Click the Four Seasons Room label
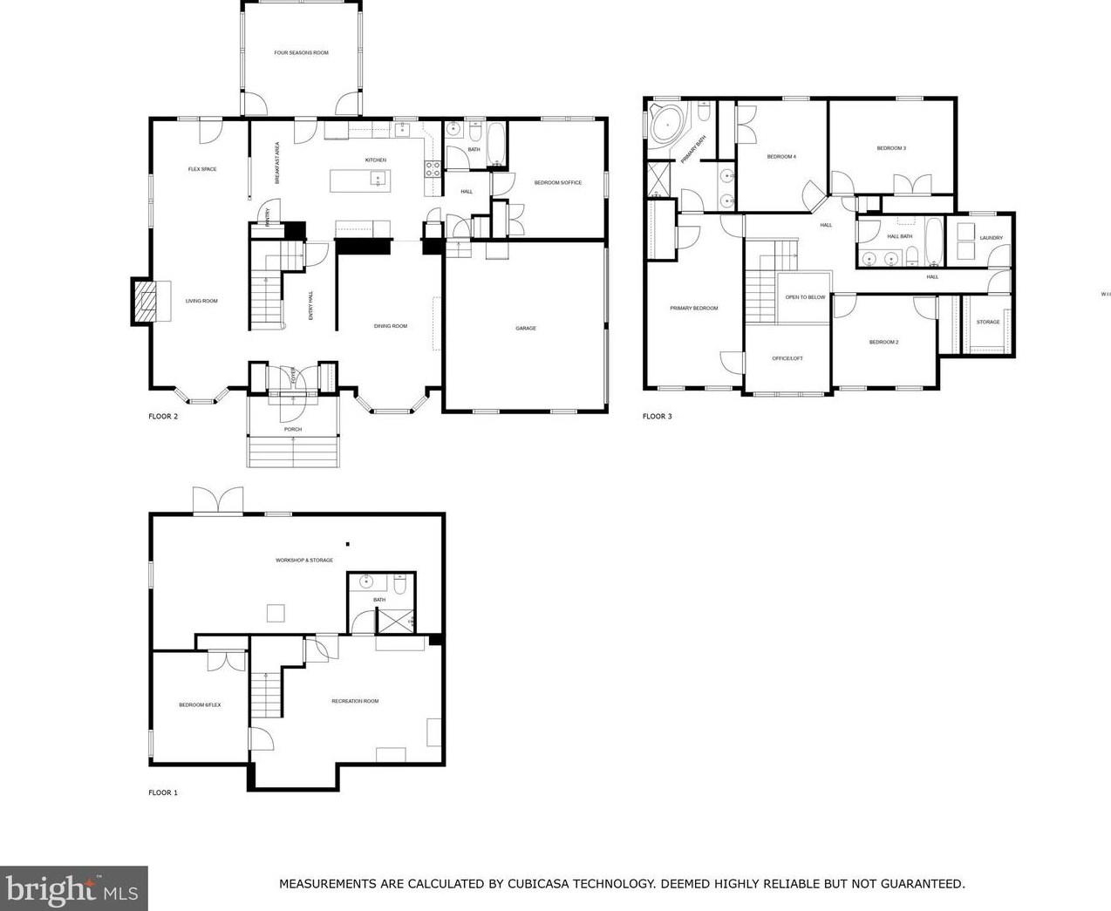pyautogui.click(x=301, y=53)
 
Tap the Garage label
pyautogui.click(x=525, y=329)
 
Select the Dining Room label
pyautogui.click(x=390, y=326)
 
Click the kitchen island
pyautogui.click(x=360, y=180)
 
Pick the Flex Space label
pyautogui.click(x=202, y=169)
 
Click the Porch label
pyautogui.click(x=292, y=430)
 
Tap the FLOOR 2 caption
pyautogui.click(x=163, y=417)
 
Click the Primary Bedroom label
pyautogui.click(x=693, y=309)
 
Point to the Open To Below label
pyautogui.click(x=805, y=297)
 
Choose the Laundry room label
pyautogui.click(x=991, y=238)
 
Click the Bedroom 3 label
pyautogui.click(x=891, y=148)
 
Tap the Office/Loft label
pyautogui.click(x=787, y=359)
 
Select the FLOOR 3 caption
pyautogui.click(x=657, y=417)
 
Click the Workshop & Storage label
pyautogui.click(x=304, y=561)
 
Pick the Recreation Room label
pyautogui.click(x=355, y=701)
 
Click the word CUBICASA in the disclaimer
pyautogui.click(x=546, y=884)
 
